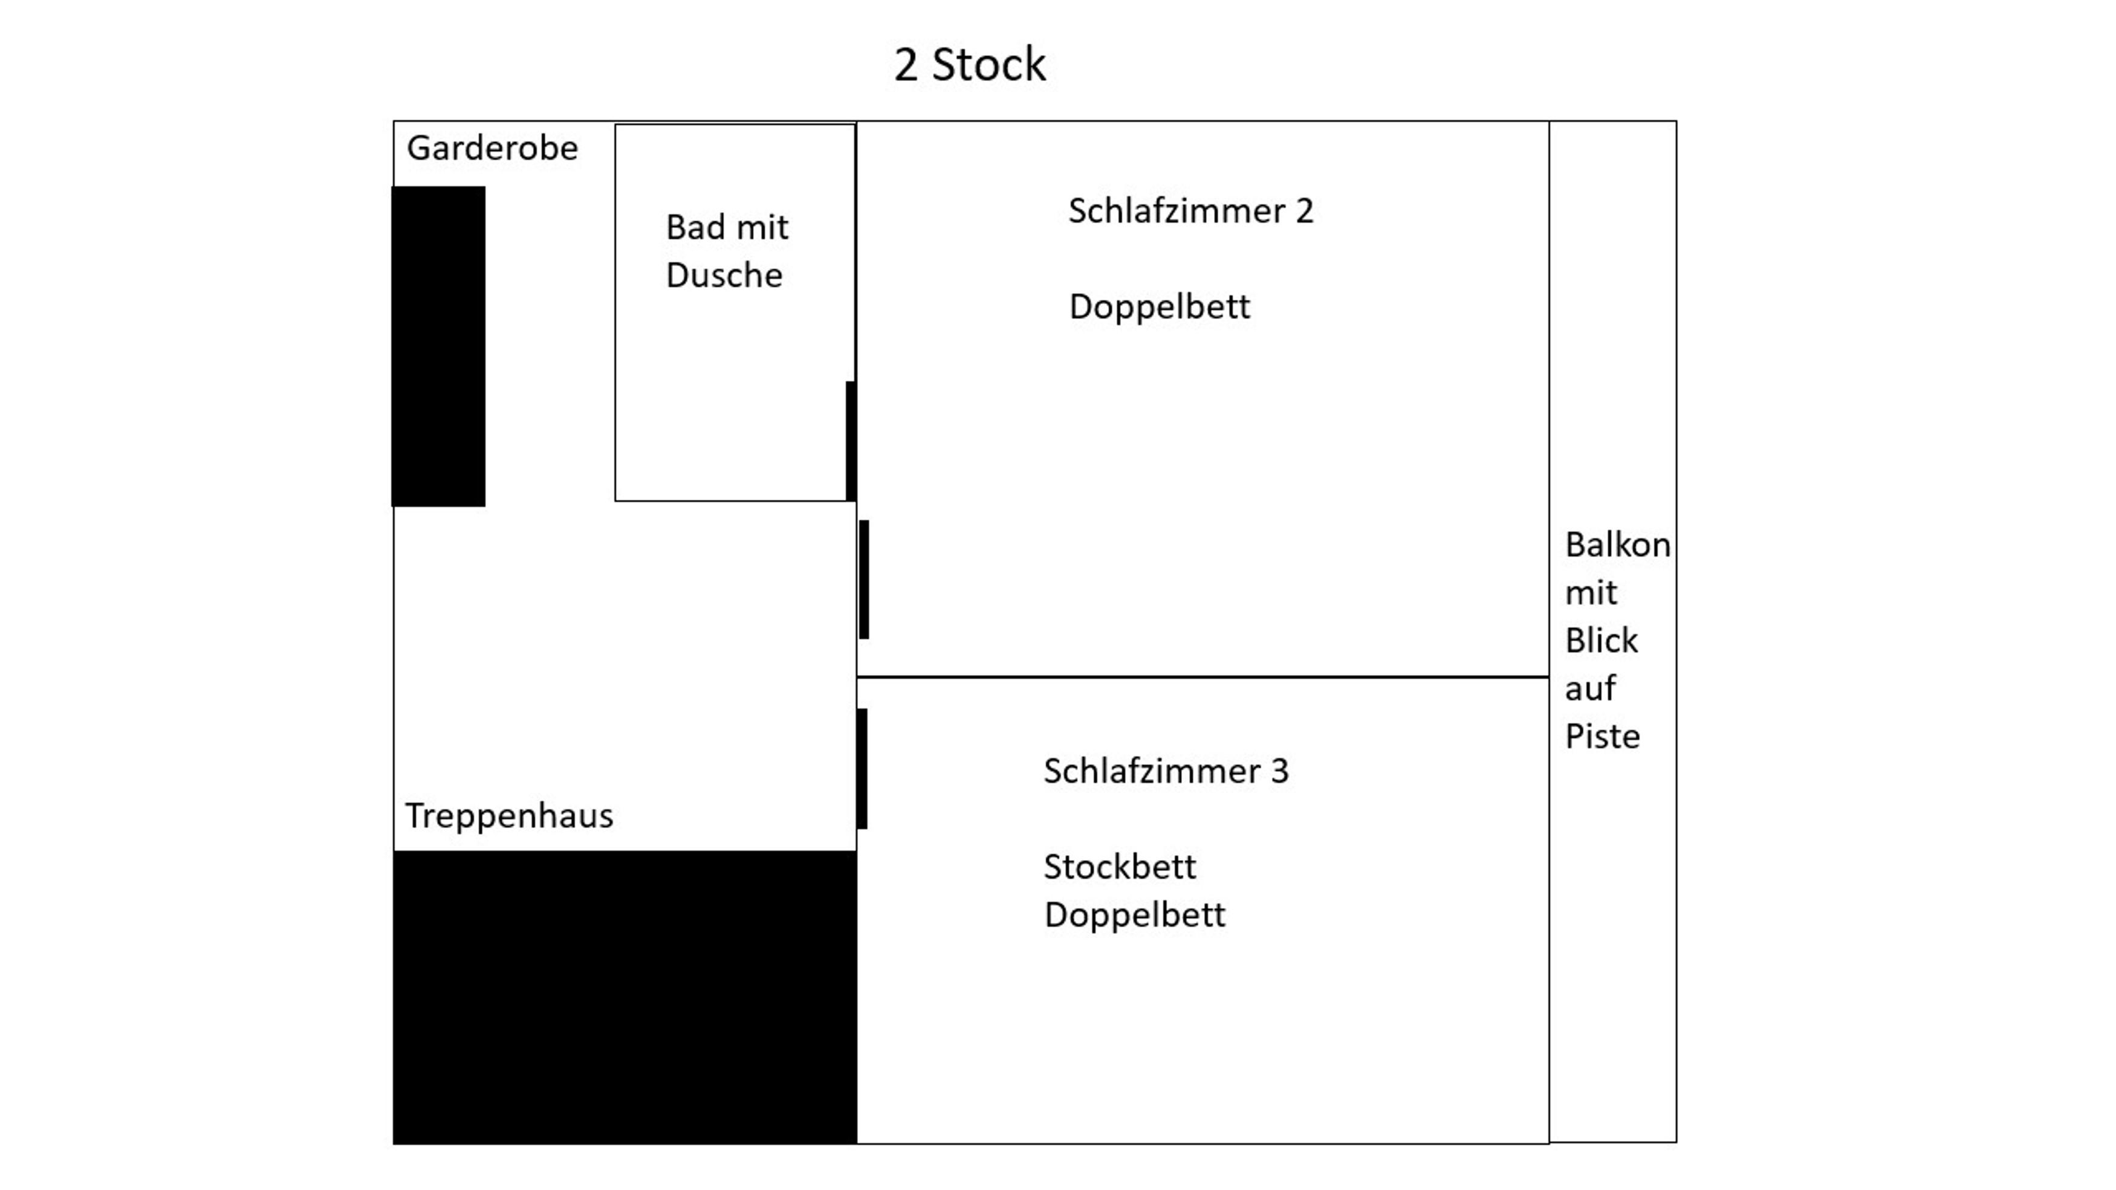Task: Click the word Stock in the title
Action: tap(988, 65)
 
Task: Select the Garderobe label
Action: tap(492, 149)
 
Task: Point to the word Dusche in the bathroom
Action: tap(724, 275)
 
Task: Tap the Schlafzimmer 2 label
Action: tap(1191, 211)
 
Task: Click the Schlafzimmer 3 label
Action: tap(1166, 771)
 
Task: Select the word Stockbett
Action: tap(1120, 867)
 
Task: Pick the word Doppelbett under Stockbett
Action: tap(1134, 916)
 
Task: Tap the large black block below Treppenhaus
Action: tap(625, 998)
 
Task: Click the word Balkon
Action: tap(1617, 545)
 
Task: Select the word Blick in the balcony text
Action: tap(1602, 641)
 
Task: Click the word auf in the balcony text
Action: tap(1590, 689)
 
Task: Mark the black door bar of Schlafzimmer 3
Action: tap(862, 769)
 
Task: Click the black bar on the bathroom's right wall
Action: tap(851, 441)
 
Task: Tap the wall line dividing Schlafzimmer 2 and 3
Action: tap(1202, 677)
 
